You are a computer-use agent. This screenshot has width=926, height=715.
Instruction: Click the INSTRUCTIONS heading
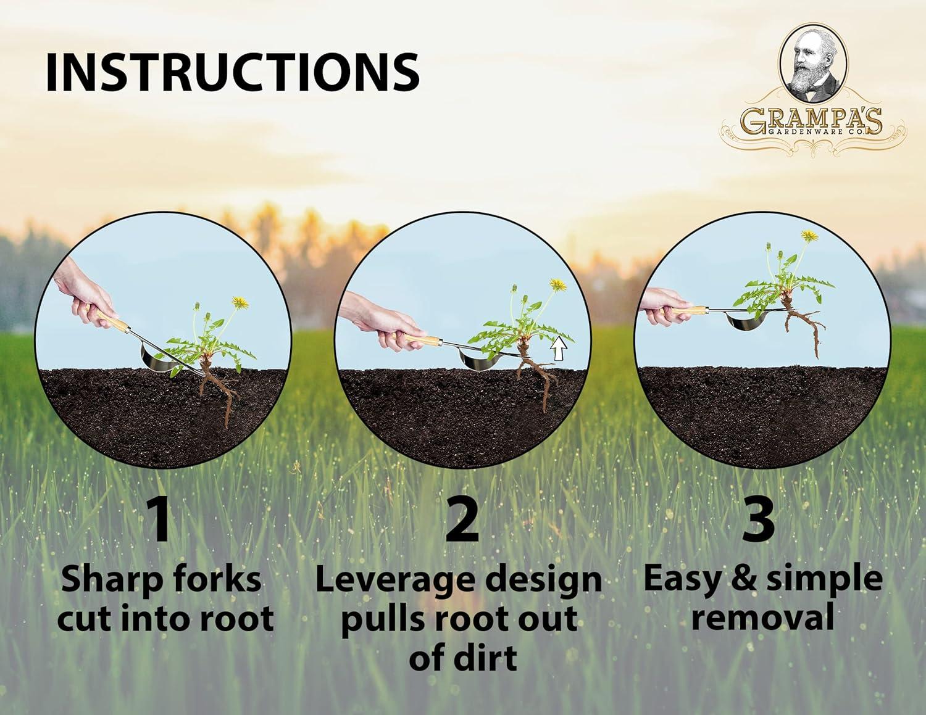[232, 72]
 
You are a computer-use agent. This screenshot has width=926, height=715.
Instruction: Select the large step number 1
[161, 520]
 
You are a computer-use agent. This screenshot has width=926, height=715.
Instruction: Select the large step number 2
[462, 520]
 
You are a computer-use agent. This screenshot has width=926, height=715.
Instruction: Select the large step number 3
[757, 520]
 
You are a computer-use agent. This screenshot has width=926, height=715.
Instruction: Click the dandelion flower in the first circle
[240, 302]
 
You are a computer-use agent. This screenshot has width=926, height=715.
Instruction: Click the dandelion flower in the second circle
[557, 284]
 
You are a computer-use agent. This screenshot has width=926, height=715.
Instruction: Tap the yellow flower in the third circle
[809, 236]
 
